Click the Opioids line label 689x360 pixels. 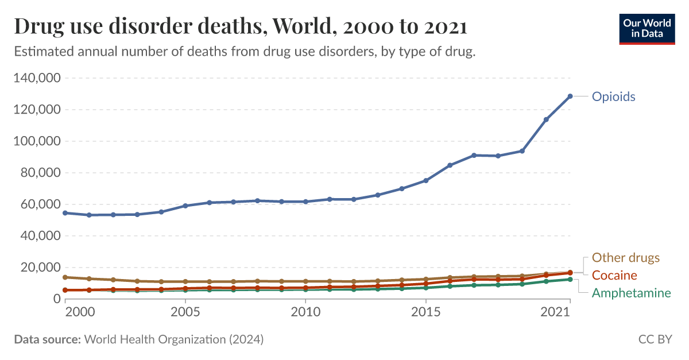click(x=613, y=96)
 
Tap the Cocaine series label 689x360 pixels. click(x=614, y=275)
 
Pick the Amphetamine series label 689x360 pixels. click(x=631, y=293)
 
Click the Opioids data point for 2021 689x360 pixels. click(x=570, y=96)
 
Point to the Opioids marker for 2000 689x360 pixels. click(x=65, y=213)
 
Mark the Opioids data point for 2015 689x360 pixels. click(x=426, y=180)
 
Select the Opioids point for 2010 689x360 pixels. click(x=305, y=202)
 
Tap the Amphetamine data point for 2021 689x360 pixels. click(x=570, y=279)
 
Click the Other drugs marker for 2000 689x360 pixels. click(x=65, y=277)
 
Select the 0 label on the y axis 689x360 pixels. click(x=56, y=299)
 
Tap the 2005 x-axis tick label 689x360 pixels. click(x=185, y=312)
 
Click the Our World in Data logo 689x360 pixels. click(x=647, y=28)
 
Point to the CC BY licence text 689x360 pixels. click(x=655, y=339)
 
